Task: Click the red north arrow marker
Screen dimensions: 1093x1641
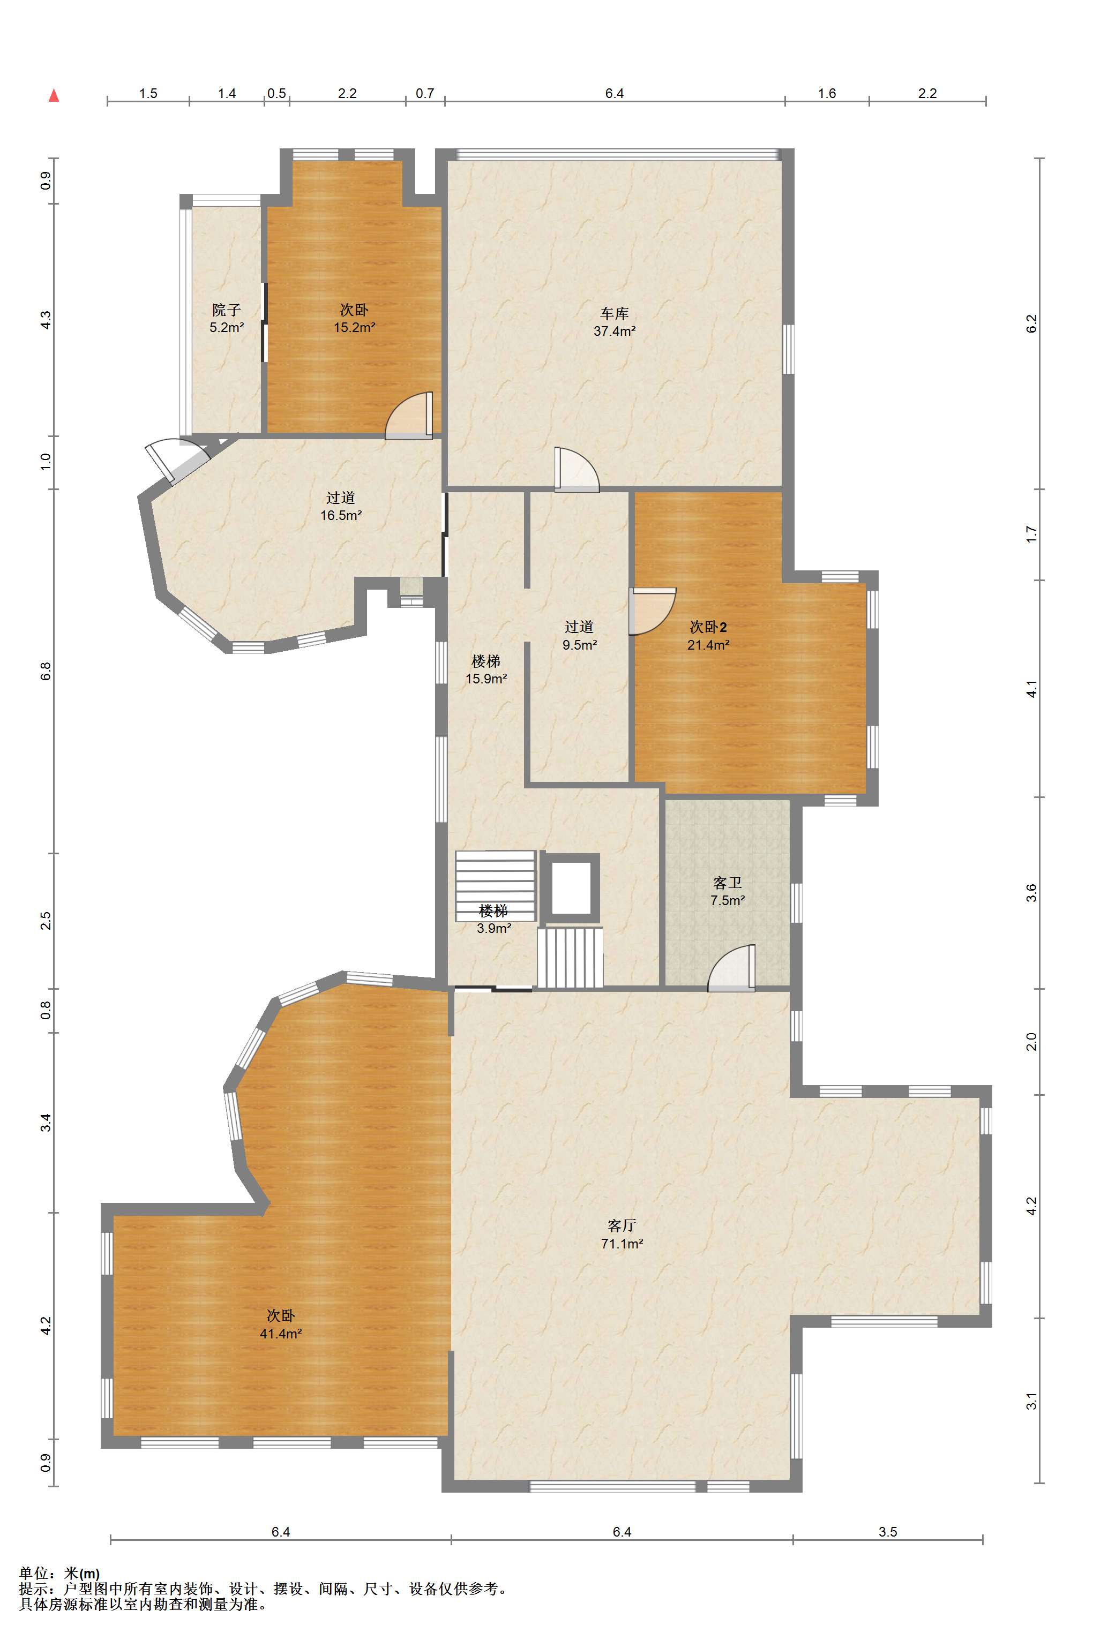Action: tap(54, 95)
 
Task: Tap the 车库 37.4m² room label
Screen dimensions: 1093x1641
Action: tap(614, 322)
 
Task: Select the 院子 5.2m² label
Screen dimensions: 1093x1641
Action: tap(227, 319)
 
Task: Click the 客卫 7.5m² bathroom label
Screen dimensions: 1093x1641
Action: tap(727, 891)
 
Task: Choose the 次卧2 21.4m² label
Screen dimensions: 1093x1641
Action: tap(708, 636)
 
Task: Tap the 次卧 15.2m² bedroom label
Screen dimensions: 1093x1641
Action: tap(354, 319)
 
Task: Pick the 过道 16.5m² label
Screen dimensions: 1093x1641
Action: tap(341, 507)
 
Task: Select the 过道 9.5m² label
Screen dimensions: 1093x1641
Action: tap(579, 636)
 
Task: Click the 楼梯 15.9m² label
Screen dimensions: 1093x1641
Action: tap(486, 669)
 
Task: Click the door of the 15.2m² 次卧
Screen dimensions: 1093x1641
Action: tap(409, 416)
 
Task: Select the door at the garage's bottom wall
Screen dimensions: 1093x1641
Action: tap(577, 470)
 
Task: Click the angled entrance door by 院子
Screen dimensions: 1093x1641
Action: tap(176, 461)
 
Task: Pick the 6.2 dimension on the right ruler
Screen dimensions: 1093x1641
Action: tap(1032, 323)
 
